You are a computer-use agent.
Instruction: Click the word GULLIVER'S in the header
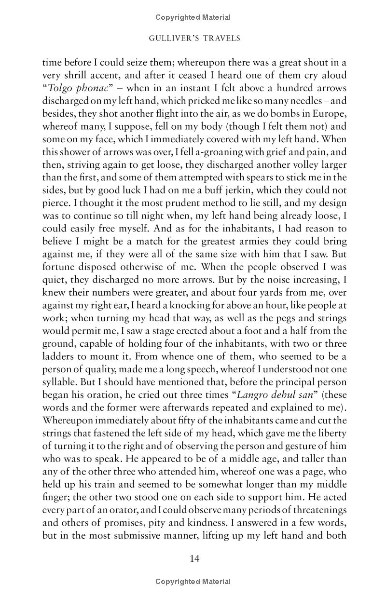click(x=172, y=38)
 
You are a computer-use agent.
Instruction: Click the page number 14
click(x=194, y=558)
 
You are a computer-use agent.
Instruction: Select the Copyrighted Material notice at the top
click(x=193, y=17)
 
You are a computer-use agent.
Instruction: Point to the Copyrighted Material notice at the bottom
click(x=193, y=582)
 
